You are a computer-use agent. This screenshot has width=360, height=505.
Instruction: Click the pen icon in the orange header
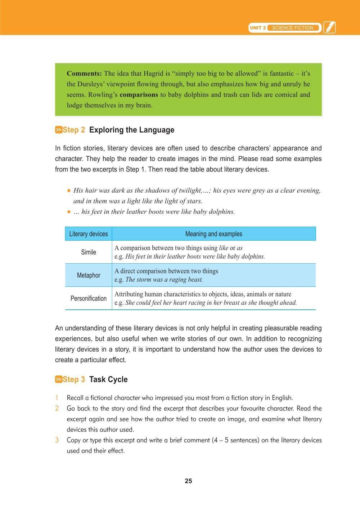[x=329, y=28]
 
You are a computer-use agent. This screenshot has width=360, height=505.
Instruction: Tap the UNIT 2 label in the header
[x=258, y=28]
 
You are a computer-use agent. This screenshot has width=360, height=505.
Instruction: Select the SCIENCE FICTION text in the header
[x=293, y=28]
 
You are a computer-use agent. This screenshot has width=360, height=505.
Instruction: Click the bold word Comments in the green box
[x=84, y=73]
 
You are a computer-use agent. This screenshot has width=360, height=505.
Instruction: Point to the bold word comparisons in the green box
[x=139, y=95]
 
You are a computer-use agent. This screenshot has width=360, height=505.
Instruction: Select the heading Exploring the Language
[x=131, y=130]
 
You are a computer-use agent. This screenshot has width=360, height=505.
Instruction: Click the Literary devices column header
[x=88, y=234]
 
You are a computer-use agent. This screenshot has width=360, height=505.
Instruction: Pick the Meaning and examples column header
[x=213, y=234]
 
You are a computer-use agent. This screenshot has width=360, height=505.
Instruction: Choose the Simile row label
[x=88, y=252]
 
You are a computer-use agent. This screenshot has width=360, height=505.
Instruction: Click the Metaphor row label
[x=88, y=275]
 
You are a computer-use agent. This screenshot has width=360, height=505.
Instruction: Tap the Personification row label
[x=88, y=298]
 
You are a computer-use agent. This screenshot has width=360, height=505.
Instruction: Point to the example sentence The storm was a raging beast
[x=164, y=280]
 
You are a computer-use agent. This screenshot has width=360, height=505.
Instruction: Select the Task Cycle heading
[x=108, y=380]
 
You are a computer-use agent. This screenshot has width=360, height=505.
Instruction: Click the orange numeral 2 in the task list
[x=57, y=408]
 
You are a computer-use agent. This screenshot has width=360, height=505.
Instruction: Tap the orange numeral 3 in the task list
[x=57, y=440]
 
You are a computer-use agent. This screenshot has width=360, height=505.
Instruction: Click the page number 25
[x=188, y=481]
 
